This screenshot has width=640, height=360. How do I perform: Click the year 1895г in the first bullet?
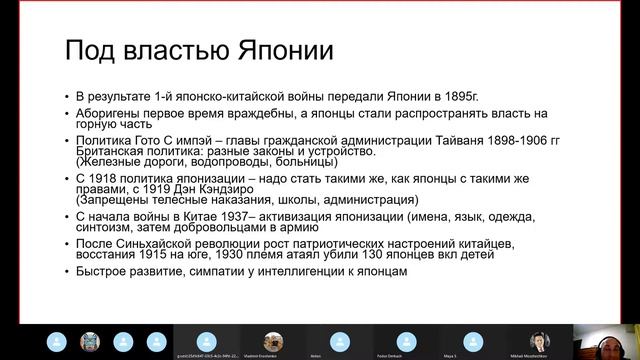click(457, 97)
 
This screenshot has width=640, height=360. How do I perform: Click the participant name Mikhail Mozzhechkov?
click(540, 354)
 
